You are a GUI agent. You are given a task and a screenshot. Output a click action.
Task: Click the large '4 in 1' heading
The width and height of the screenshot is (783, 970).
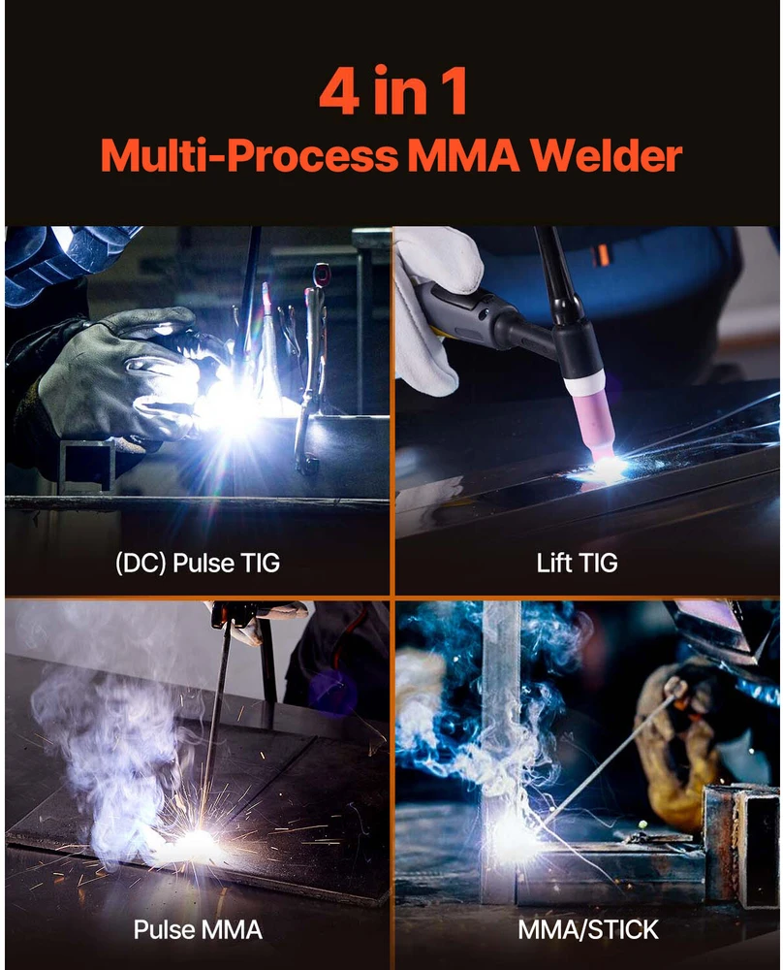pyautogui.click(x=393, y=91)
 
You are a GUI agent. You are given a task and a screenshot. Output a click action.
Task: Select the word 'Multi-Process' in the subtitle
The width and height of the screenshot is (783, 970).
pyautogui.click(x=249, y=155)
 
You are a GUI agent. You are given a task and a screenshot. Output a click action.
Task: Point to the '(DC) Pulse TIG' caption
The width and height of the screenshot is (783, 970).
pyautogui.click(x=198, y=563)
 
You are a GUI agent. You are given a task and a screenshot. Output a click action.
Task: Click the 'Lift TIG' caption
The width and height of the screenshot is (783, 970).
pyautogui.click(x=577, y=563)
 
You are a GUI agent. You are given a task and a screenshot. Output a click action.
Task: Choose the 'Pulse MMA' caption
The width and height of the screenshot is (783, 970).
pyautogui.click(x=198, y=930)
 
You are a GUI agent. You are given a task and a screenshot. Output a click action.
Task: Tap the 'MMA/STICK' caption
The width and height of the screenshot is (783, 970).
pyautogui.click(x=588, y=930)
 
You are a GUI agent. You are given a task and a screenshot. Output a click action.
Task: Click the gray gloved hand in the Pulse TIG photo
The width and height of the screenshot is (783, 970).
pyautogui.click(x=117, y=372)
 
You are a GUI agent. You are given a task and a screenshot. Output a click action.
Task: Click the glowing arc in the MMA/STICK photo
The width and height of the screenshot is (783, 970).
pyautogui.click(x=513, y=829)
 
